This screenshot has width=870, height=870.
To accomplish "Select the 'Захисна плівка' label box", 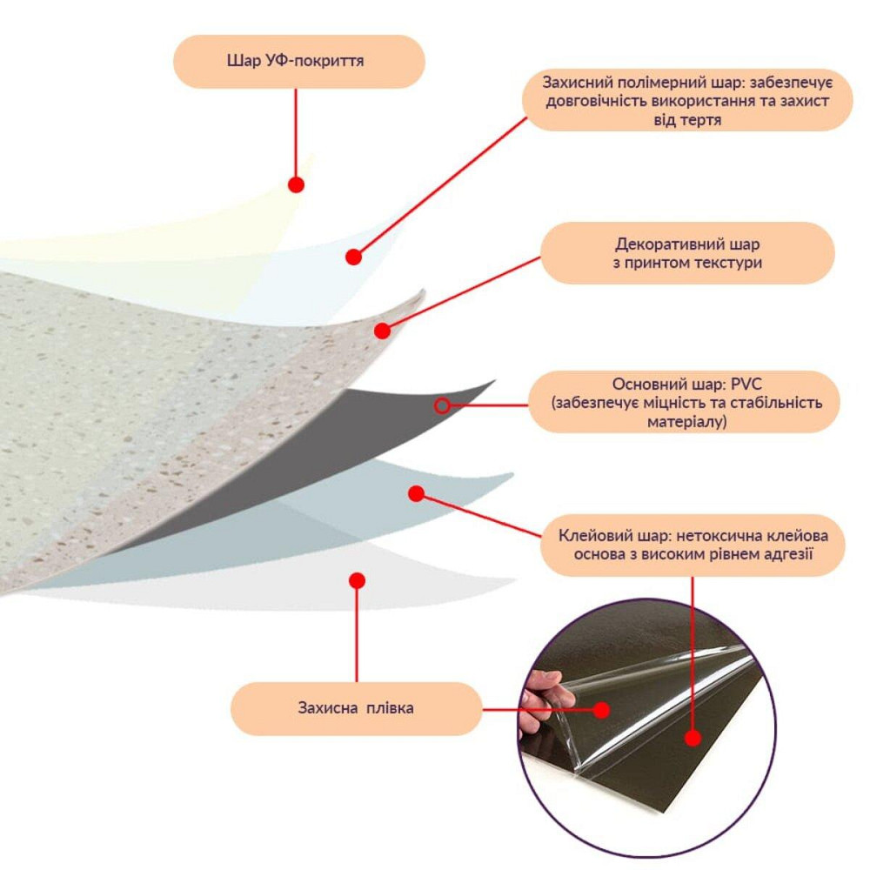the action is click(x=356, y=708).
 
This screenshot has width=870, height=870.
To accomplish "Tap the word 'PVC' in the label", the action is click(x=746, y=384).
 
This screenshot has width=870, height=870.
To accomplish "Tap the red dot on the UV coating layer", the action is click(x=297, y=184).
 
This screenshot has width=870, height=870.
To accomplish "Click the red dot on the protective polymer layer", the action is click(x=353, y=257).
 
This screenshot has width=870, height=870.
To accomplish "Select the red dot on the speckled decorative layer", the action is click(x=382, y=331).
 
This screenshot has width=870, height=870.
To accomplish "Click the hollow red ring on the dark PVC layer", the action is click(x=442, y=406).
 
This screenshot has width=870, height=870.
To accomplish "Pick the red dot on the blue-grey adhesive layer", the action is click(x=416, y=493).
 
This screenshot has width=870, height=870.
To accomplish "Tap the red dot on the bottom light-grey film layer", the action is click(x=358, y=580).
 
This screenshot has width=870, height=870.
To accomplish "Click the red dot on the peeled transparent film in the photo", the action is click(x=601, y=710).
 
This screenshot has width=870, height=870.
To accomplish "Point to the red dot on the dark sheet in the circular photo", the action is click(x=693, y=738).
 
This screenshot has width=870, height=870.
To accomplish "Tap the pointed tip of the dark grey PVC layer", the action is click(x=495, y=381).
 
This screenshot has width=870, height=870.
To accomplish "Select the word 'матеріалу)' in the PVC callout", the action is click(x=687, y=422).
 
